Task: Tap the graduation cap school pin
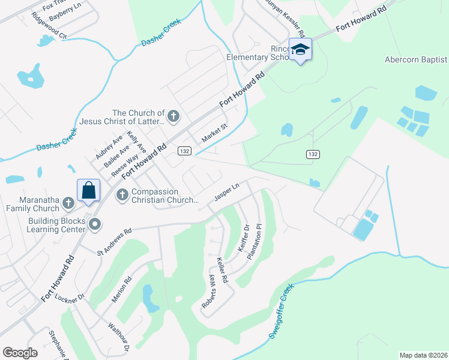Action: click(300, 50)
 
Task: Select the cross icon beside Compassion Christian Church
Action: click(122, 194)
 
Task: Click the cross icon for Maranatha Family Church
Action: click(68, 204)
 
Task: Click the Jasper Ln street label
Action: click(226, 193)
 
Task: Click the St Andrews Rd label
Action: click(113, 239)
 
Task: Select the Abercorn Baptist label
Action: click(416, 59)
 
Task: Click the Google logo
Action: click(20, 352)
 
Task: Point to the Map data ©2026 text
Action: click(423, 355)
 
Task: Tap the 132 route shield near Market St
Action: click(184, 151)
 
